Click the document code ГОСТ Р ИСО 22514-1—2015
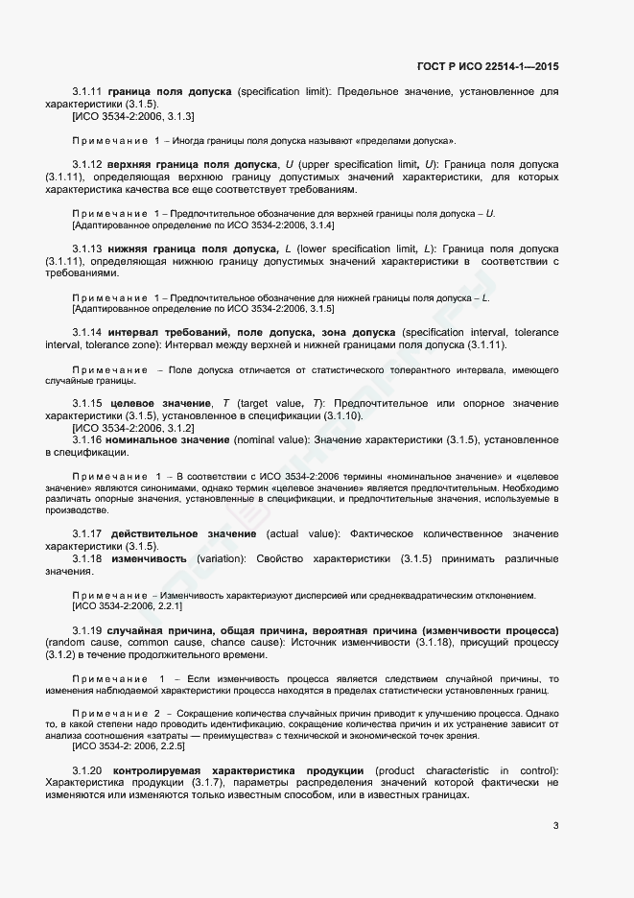(x=488, y=66)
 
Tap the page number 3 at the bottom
(x=556, y=825)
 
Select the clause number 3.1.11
(x=87, y=91)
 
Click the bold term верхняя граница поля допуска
(x=192, y=165)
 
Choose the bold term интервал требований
(x=163, y=332)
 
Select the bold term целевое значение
(x=159, y=402)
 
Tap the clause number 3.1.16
(x=87, y=439)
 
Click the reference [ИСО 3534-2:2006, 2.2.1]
(x=128, y=606)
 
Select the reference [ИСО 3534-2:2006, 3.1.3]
(x=133, y=116)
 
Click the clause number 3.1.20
(x=87, y=770)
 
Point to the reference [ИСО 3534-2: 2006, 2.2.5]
(x=129, y=745)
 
